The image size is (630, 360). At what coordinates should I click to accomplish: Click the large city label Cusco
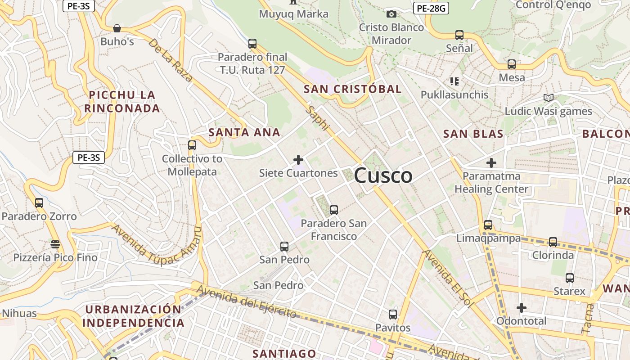(383, 175)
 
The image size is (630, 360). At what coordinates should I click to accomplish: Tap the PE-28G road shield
(431, 8)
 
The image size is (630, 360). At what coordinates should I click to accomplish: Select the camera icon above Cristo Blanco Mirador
(391, 14)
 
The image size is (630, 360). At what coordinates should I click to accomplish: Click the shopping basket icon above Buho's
(117, 28)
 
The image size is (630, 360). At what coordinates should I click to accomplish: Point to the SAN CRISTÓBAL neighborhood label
(352, 89)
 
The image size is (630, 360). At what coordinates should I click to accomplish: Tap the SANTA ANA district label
(244, 132)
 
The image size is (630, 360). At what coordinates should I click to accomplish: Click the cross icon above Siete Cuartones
(298, 160)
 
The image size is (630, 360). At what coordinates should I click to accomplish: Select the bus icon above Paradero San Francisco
(333, 210)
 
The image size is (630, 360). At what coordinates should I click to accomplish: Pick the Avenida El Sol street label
(448, 279)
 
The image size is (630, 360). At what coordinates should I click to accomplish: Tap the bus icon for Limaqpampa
(488, 225)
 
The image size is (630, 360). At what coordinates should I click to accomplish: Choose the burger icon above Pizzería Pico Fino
(55, 244)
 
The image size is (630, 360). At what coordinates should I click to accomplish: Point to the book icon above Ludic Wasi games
(548, 98)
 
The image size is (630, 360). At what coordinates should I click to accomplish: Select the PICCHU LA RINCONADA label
(122, 102)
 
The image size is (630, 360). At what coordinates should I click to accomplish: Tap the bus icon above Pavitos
(393, 315)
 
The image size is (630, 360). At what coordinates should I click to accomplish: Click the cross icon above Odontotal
(522, 308)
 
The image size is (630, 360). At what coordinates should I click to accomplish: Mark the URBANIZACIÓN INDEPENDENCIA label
(133, 316)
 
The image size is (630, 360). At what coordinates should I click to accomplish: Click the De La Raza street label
(171, 60)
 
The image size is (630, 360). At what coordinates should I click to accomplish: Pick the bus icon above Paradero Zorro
(39, 203)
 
